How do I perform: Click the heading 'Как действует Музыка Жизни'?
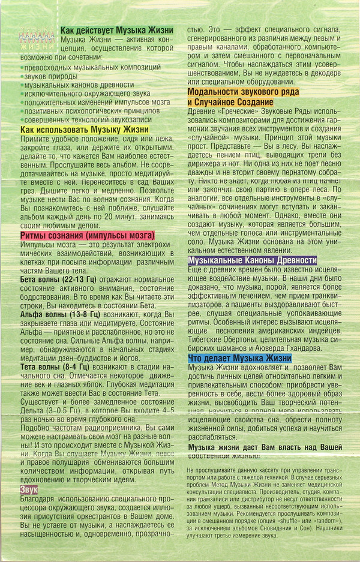[x=116, y=30]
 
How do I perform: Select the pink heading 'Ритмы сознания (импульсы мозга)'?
[x=88, y=235]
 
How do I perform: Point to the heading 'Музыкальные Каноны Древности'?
[x=252, y=260]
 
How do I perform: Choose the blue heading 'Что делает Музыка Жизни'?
[x=239, y=358]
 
